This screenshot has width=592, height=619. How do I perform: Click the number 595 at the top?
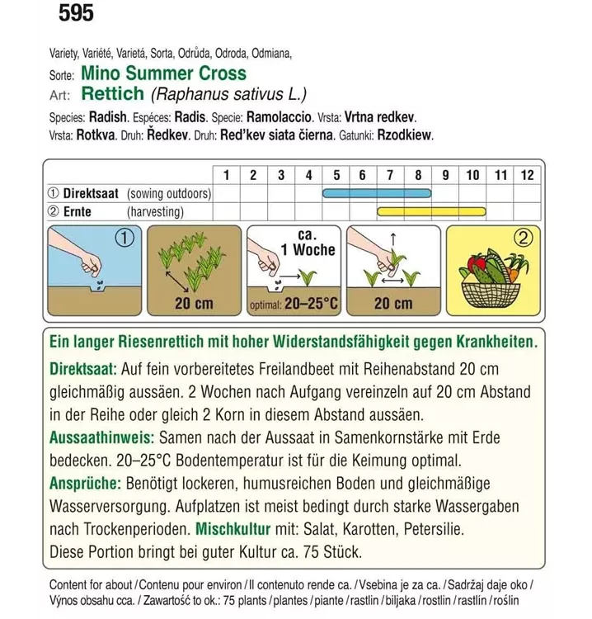tap(76, 13)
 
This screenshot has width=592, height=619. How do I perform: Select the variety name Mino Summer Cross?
tap(170, 73)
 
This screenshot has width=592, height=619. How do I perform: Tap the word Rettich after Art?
tap(113, 94)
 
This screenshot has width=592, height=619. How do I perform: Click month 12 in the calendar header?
tap(528, 175)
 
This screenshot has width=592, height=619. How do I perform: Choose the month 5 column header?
tap(336, 175)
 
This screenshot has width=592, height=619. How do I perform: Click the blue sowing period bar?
tap(377, 194)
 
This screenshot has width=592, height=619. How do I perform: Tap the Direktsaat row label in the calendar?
tap(90, 194)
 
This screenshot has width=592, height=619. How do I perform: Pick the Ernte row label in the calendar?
tap(82, 212)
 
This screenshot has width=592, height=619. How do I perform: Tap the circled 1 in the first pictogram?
tap(125, 239)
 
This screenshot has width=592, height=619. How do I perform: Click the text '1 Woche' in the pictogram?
tap(307, 250)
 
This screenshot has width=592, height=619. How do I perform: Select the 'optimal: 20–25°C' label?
tap(294, 304)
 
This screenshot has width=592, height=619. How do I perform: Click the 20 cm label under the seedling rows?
tap(194, 304)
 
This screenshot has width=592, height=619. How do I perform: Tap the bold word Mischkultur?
tap(240, 527)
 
